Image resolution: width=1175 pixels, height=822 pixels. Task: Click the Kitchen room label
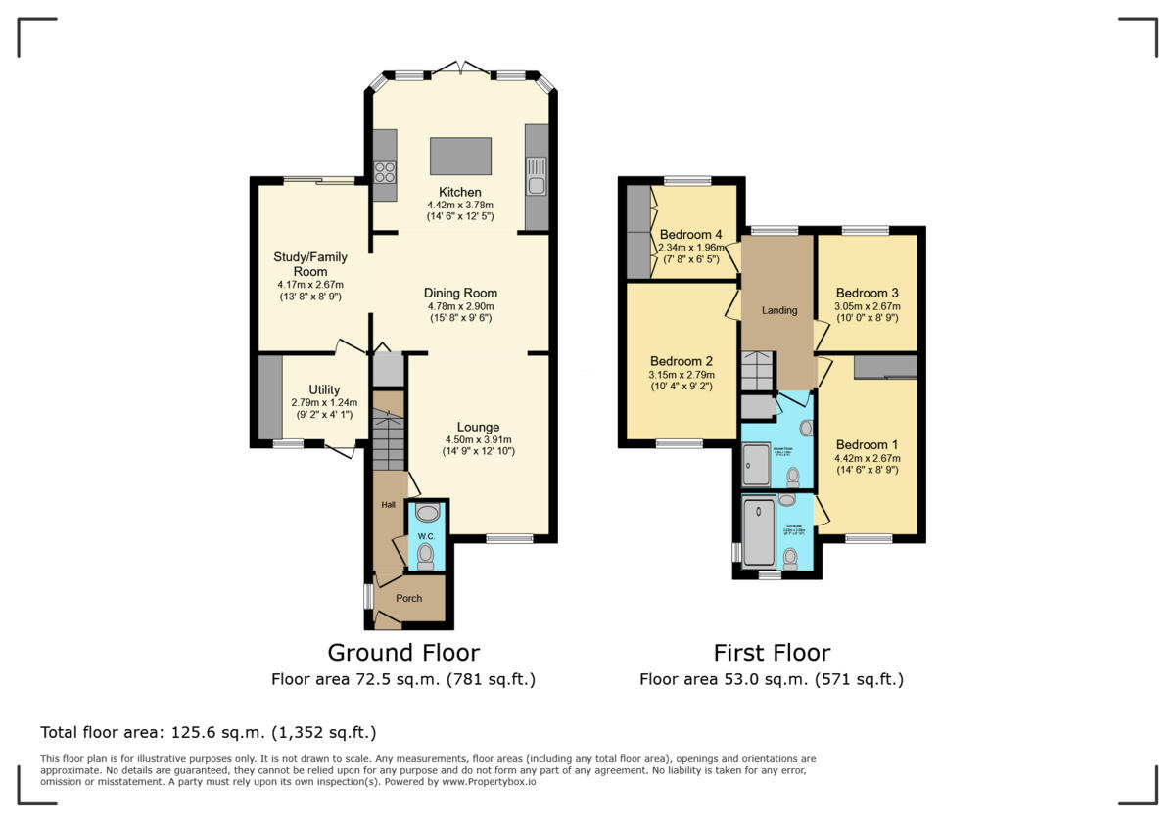[x=459, y=192]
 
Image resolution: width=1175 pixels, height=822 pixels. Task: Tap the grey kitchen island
[x=460, y=156]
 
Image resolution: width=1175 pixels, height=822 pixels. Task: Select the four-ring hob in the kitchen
[x=384, y=173]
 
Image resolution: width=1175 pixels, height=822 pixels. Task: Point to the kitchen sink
[x=536, y=183]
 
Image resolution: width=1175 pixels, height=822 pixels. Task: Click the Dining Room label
[x=460, y=293]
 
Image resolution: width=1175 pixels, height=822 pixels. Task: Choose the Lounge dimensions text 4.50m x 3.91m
[x=478, y=439]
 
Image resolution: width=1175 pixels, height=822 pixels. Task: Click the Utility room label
[x=324, y=389]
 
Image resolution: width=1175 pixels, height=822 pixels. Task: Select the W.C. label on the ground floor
[x=426, y=536]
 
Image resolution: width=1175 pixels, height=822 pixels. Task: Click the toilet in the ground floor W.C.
[x=426, y=557]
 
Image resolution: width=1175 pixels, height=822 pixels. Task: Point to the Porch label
[x=408, y=598]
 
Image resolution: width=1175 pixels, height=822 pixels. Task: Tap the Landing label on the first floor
[x=779, y=310]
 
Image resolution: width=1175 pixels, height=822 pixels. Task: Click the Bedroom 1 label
[x=867, y=444]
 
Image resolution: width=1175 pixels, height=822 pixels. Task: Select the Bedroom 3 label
[x=867, y=293]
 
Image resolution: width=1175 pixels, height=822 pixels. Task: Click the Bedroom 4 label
[x=690, y=235]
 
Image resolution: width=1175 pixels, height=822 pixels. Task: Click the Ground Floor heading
[x=403, y=653]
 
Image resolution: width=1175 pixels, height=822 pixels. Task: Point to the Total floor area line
[x=208, y=732]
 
